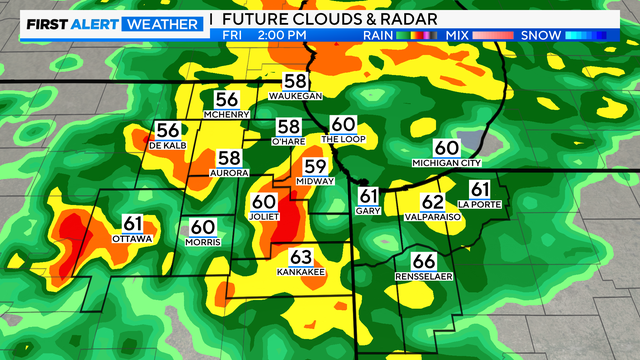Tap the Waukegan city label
[295, 96]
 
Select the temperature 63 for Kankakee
[301, 256]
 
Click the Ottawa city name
[133, 239]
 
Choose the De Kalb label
[168, 146]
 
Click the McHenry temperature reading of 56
[227, 99]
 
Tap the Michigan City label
[446, 162]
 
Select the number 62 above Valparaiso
[432, 201]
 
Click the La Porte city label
[479, 204]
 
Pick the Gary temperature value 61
[369, 196]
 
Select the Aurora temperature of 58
[229, 158]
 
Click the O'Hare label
[288, 141]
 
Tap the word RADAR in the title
[380, 19]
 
